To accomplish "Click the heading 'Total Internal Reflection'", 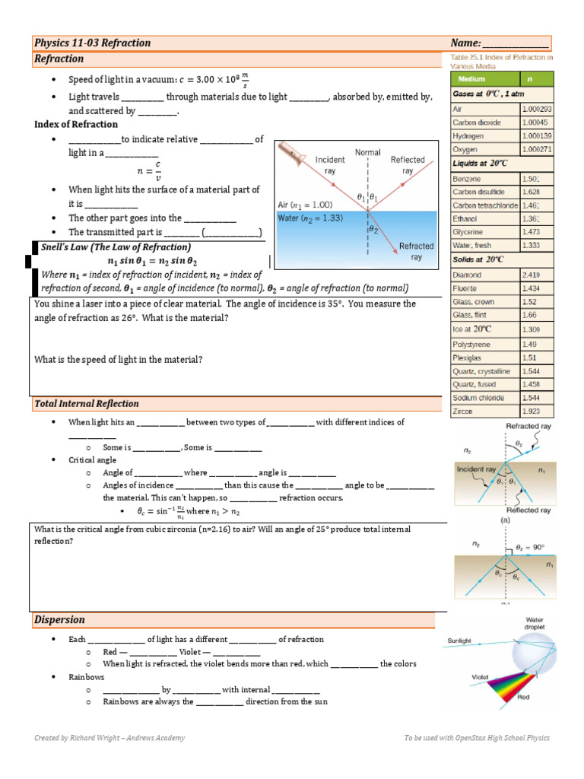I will pos(87,403).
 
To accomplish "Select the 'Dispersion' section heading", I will pos(59,619).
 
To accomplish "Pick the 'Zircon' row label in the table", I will pos(462,411).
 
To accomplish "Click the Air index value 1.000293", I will pos(536,109).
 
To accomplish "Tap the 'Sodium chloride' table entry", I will pos(476,398).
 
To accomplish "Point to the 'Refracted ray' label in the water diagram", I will pos(416,251).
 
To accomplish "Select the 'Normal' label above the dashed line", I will pos(368,152).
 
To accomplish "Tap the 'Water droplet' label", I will pos(534,624).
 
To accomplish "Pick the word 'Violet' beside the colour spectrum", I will pos(480,676).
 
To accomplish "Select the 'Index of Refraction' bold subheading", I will pos(76,124).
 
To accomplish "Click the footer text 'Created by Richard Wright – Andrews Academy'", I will pos(109,738).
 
